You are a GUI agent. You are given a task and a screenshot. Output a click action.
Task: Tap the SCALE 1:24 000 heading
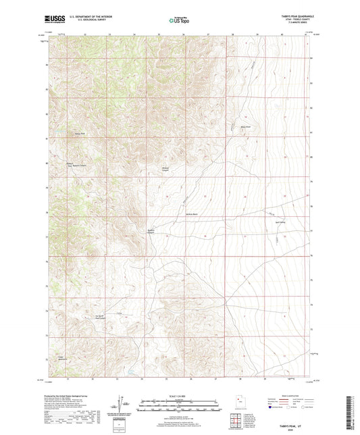179,396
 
